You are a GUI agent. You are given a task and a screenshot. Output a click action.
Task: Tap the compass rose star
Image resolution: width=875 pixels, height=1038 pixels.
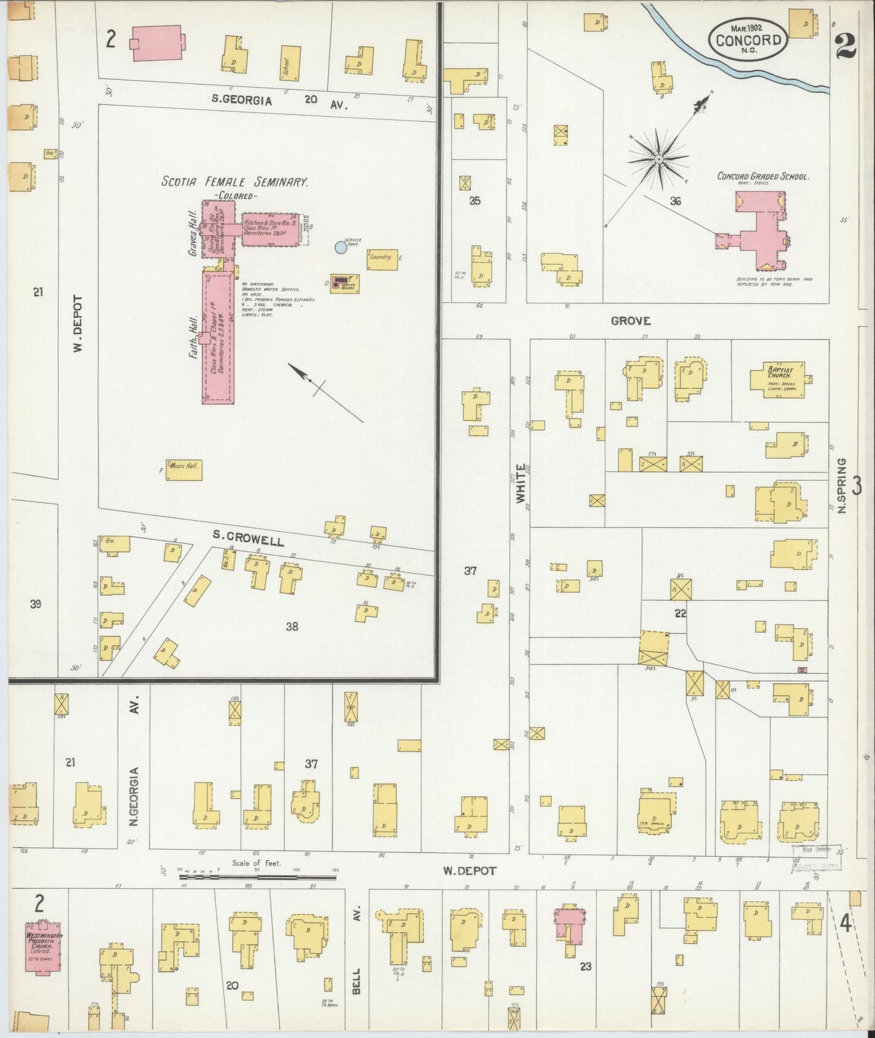coord(659,159)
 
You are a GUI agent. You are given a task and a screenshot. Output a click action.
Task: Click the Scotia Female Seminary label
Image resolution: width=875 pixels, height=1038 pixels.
coord(236,181)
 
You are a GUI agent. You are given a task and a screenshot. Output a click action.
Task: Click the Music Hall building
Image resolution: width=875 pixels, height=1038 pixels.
coord(184,470)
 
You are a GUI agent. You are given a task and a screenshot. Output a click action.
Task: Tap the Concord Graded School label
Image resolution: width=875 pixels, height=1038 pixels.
coord(762,176)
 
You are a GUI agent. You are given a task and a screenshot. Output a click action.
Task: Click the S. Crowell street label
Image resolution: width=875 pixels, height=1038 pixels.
coord(248,537)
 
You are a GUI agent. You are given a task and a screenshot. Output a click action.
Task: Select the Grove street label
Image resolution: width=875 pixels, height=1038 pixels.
coord(630,321)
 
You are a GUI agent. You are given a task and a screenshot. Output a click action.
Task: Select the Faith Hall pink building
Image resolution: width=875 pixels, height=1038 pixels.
coord(217,337)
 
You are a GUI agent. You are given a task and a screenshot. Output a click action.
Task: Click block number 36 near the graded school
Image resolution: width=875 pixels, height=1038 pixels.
coord(675,201)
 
